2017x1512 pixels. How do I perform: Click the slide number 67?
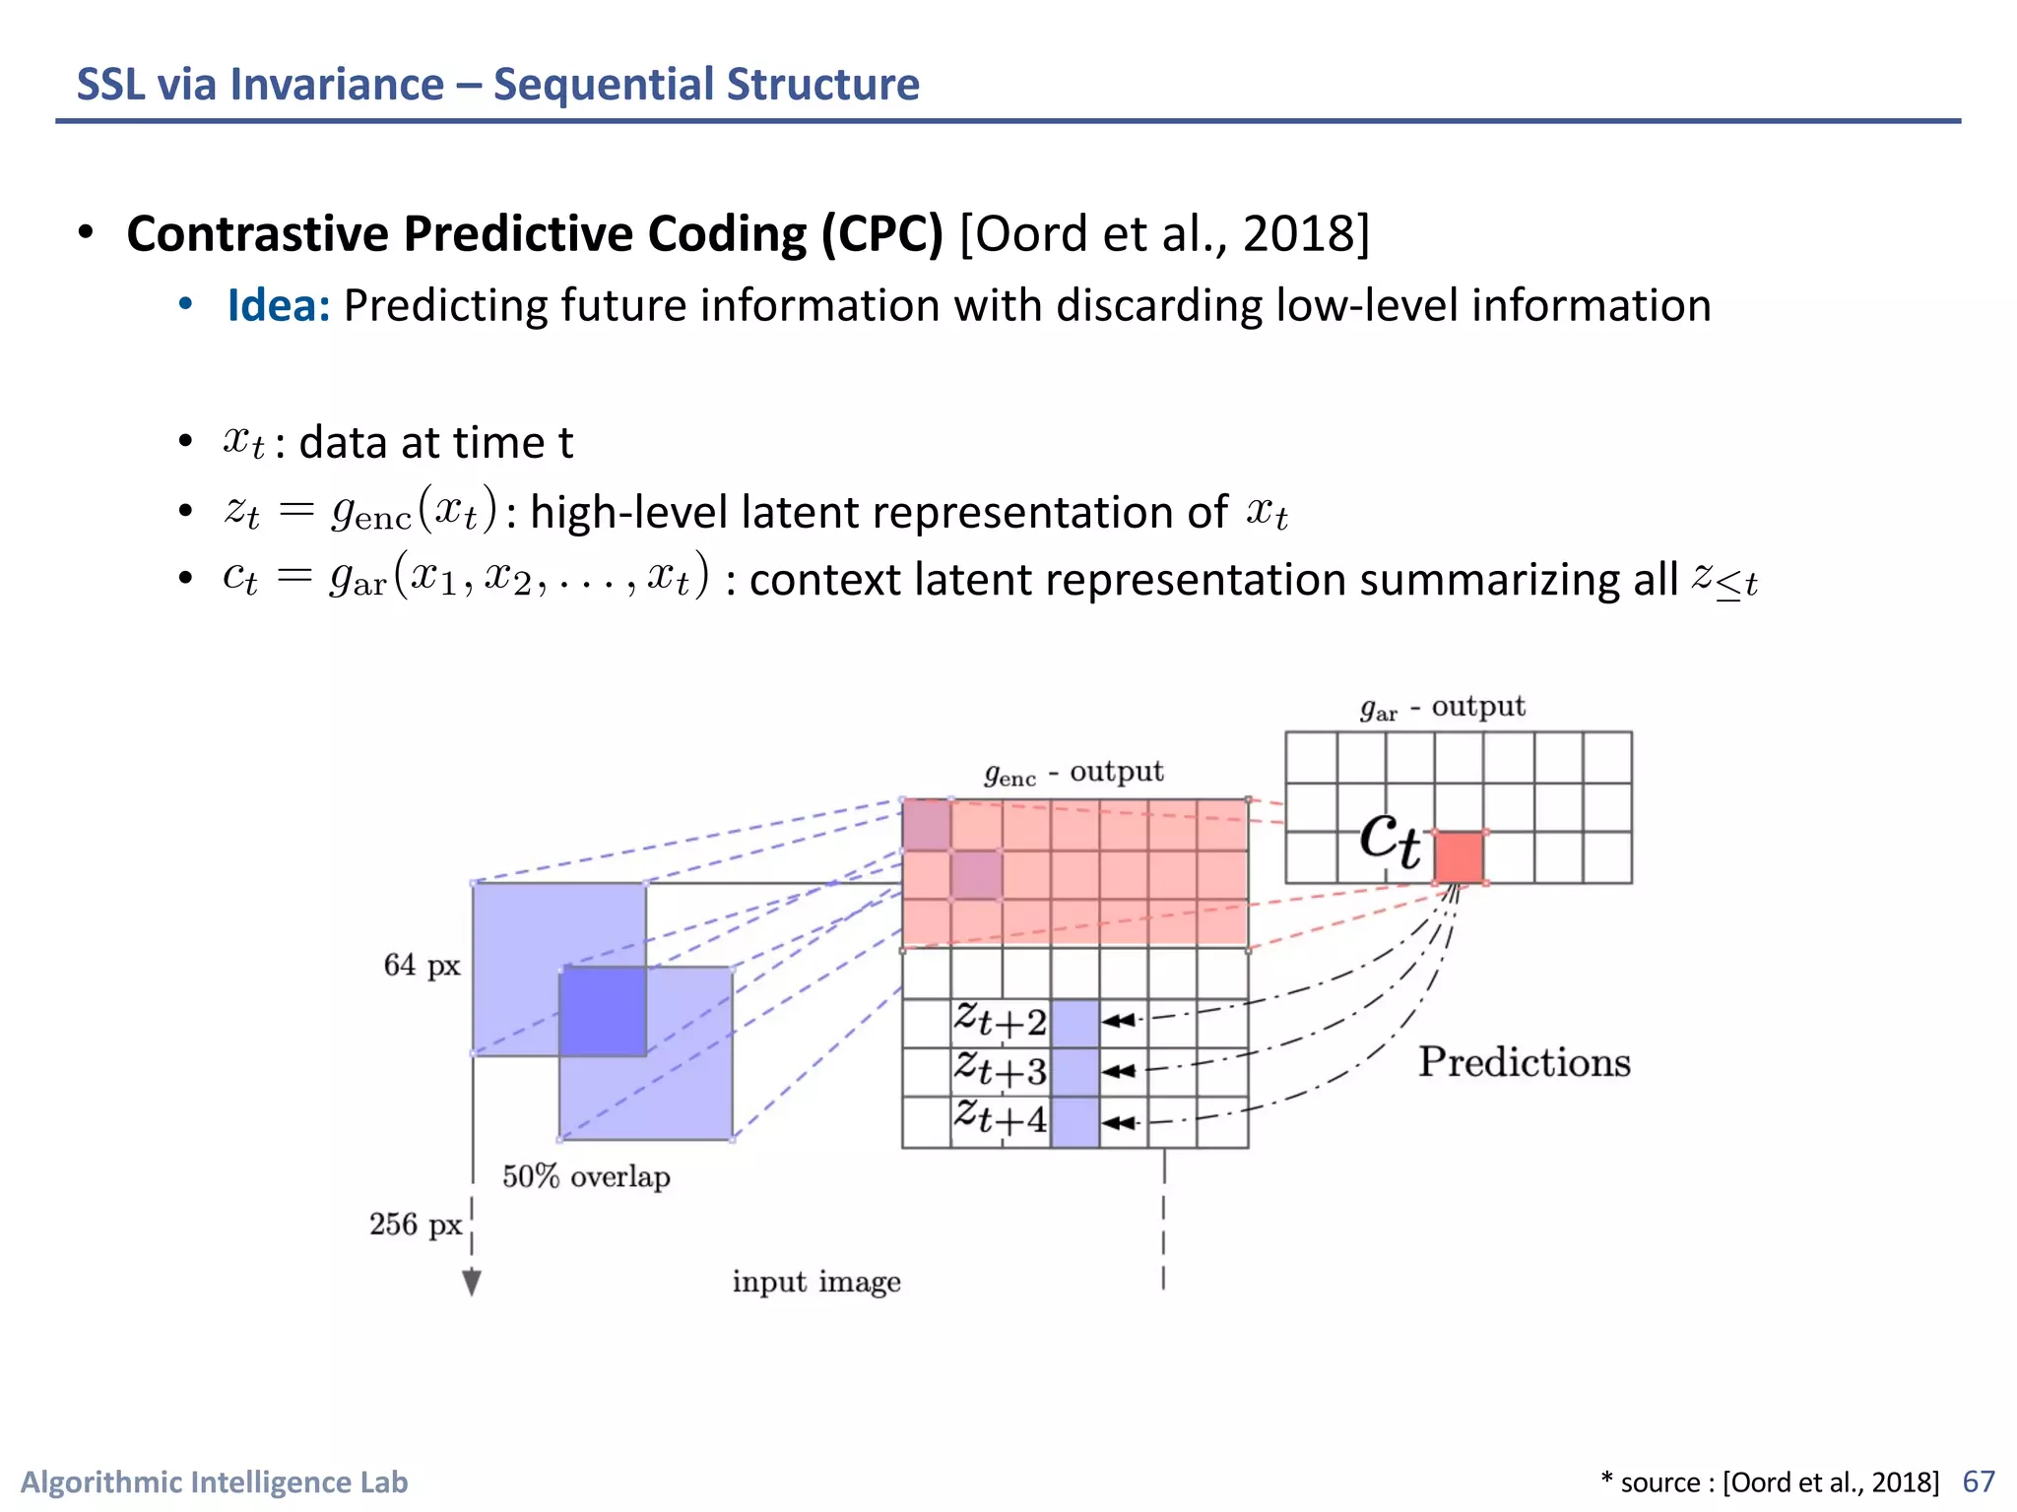click(x=1978, y=1481)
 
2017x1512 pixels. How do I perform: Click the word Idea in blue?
click(x=277, y=305)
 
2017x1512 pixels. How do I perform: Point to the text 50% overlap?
click(x=586, y=1176)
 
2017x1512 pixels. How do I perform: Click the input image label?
click(x=816, y=1282)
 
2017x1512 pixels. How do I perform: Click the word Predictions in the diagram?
click(x=1524, y=1062)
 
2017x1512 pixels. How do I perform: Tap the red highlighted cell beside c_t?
click(x=1459, y=857)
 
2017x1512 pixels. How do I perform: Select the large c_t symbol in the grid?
click(x=1390, y=840)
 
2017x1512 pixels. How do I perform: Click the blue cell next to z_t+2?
click(x=1074, y=1023)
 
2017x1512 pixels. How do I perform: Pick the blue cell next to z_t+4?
click(x=1074, y=1122)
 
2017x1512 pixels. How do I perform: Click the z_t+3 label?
click(x=1000, y=1070)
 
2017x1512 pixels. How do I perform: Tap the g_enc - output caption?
click(x=1074, y=773)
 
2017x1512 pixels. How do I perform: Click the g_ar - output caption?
click(x=1442, y=708)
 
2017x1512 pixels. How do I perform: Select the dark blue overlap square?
click(x=603, y=1011)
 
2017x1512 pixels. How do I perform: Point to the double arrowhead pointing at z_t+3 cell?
click(x=1120, y=1071)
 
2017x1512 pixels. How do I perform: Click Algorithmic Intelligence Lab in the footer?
click(x=214, y=1481)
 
